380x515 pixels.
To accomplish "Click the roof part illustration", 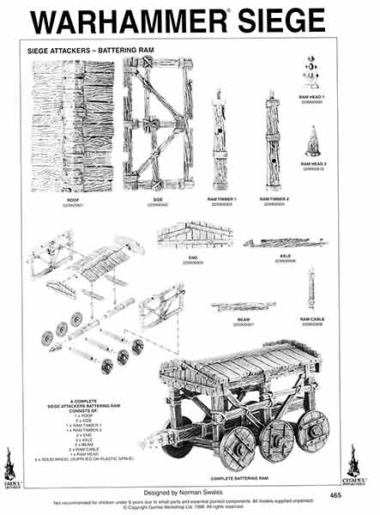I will [x=72, y=128].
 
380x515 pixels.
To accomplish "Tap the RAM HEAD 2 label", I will [x=312, y=163].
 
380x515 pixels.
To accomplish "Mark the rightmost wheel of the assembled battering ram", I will [x=312, y=430].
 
